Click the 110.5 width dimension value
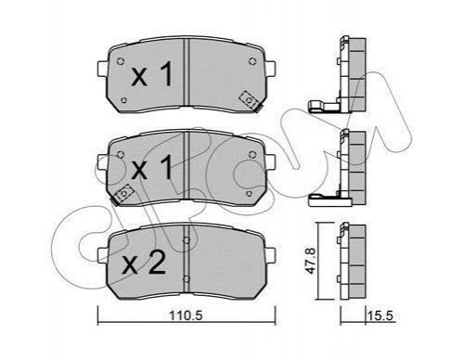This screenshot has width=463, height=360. (x=186, y=315)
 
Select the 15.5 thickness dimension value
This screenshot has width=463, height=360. (x=380, y=315)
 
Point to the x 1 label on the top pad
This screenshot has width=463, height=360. (x=151, y=74)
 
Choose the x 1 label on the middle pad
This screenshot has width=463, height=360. (x=151, y=167)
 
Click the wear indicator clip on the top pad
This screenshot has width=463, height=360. (x=250, y=100)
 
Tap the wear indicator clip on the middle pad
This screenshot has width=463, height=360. (x=123, y=195)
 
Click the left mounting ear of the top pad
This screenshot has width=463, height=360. (x=102, y=68)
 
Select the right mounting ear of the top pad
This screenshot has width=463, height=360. (x=270, y=68)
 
